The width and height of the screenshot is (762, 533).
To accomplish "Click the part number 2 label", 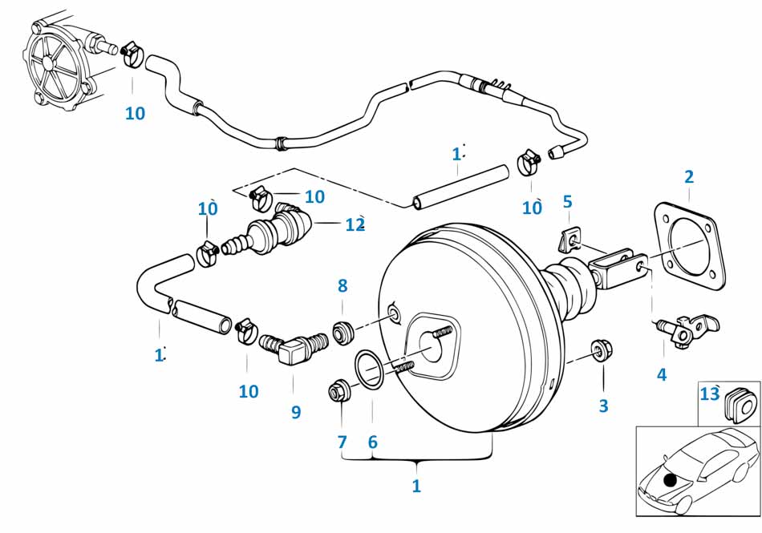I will tap(688, 177).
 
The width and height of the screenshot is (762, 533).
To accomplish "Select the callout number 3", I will tap(603, 406).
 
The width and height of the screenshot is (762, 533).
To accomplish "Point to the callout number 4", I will tap(662, 374).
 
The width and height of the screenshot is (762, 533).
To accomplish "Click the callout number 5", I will tap(567, 200).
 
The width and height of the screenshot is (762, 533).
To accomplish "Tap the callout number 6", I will tap(372, 441).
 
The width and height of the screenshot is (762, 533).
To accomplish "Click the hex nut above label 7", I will tap(338, 393).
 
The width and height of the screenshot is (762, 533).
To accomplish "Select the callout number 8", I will tap(342, 285).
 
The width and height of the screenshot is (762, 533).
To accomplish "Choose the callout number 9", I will tap(296, 412).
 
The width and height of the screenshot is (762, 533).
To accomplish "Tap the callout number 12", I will tap(355, 225).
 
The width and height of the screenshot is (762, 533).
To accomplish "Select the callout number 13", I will tap(709, 394).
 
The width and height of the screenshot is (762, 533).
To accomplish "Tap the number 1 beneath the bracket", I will tap(415, 485).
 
